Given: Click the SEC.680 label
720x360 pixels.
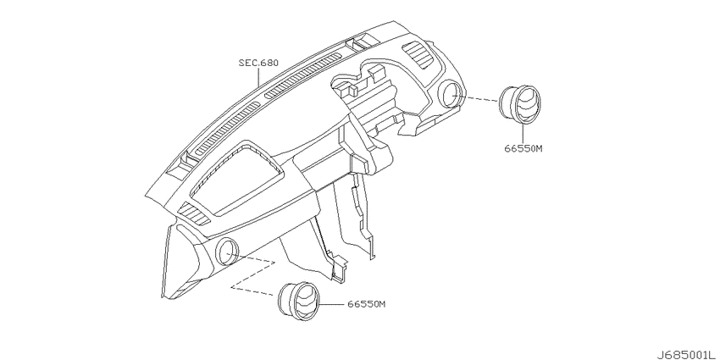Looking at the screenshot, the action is pyautogui.click(x=258, y=63).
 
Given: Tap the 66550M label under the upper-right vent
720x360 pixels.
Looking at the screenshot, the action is pyautogui.click(x=523, y=148).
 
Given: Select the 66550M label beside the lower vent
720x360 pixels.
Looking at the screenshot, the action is pyautogui.click(x=366, y=304).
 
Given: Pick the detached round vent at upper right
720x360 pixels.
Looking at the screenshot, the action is pyautogui.click(x=519, y=105).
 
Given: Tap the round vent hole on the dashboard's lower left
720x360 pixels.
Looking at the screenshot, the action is pyautogui.click(x=226, y=252).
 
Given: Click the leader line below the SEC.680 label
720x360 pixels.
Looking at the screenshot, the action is pyautogui.click(x=258, y=77).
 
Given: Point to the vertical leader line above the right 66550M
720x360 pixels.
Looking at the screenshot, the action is pyautogui.click(x=523, y=133).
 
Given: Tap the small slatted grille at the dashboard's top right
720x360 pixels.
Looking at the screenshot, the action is pyautogui.click(x=417, y=54).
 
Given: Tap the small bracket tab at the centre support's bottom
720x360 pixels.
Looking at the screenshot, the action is pyautogui.click(x=340, y=269).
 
